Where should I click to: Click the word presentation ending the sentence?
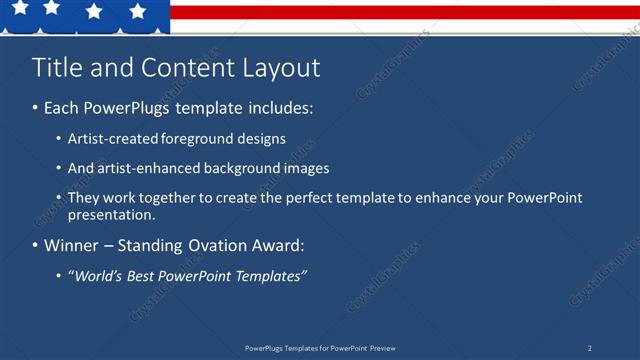[x=111, y=214]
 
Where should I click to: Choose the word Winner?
[x=72, y=245]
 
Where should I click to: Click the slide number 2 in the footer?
[x=589, y=348]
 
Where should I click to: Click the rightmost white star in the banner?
[x=137, y=11]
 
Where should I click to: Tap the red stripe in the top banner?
[x=400, y=13]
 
